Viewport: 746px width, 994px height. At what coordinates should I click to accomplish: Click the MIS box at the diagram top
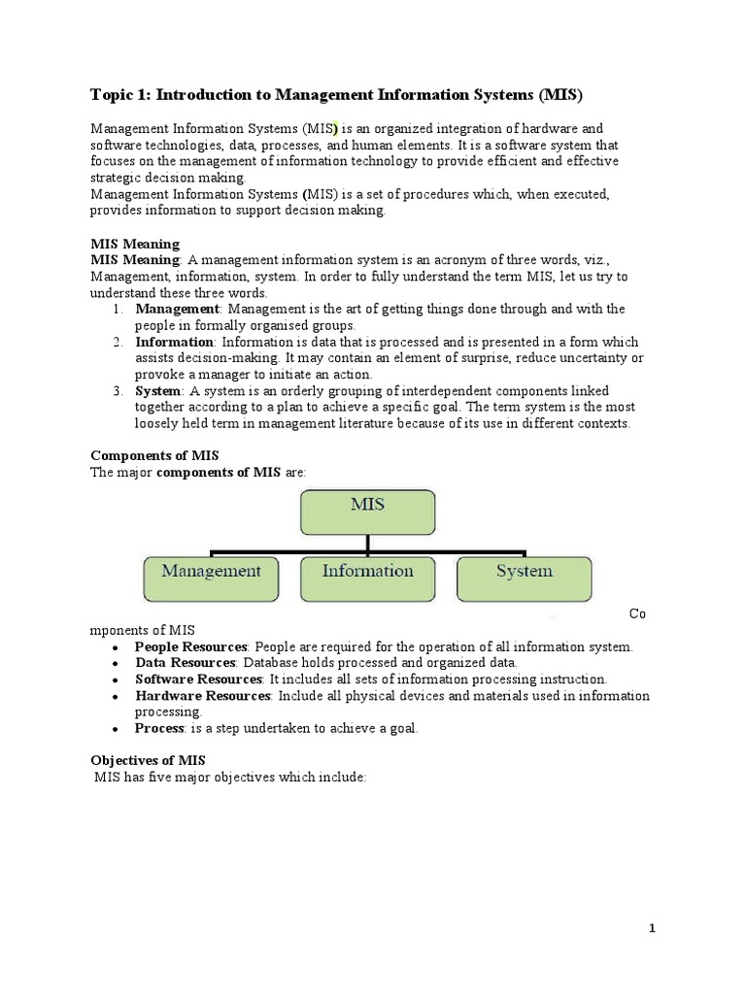(x=367, y=513)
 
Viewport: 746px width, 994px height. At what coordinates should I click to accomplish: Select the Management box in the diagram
(x=211, y=578)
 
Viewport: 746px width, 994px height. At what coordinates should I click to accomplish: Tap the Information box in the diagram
(x=367, y=578)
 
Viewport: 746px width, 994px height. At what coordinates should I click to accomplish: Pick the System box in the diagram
(x=524, y=578)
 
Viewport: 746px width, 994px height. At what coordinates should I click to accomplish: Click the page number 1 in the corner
(x=653, y=929)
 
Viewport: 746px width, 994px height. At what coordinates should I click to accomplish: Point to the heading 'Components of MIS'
(x=154, y=455)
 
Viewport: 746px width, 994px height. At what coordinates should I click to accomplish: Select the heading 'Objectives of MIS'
(x=148, y=760)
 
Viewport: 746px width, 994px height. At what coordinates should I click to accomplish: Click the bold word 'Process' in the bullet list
(x=159, y=728)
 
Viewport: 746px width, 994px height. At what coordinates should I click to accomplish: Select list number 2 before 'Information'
(x=116, y=342)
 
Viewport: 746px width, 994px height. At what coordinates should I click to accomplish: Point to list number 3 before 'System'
(x=116, y=391)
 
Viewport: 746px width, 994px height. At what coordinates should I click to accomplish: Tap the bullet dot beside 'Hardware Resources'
(x=116, y=697)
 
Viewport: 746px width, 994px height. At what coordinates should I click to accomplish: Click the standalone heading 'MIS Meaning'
(x=135, y=244)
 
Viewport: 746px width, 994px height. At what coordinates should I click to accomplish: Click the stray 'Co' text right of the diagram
(x=637, y=613)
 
